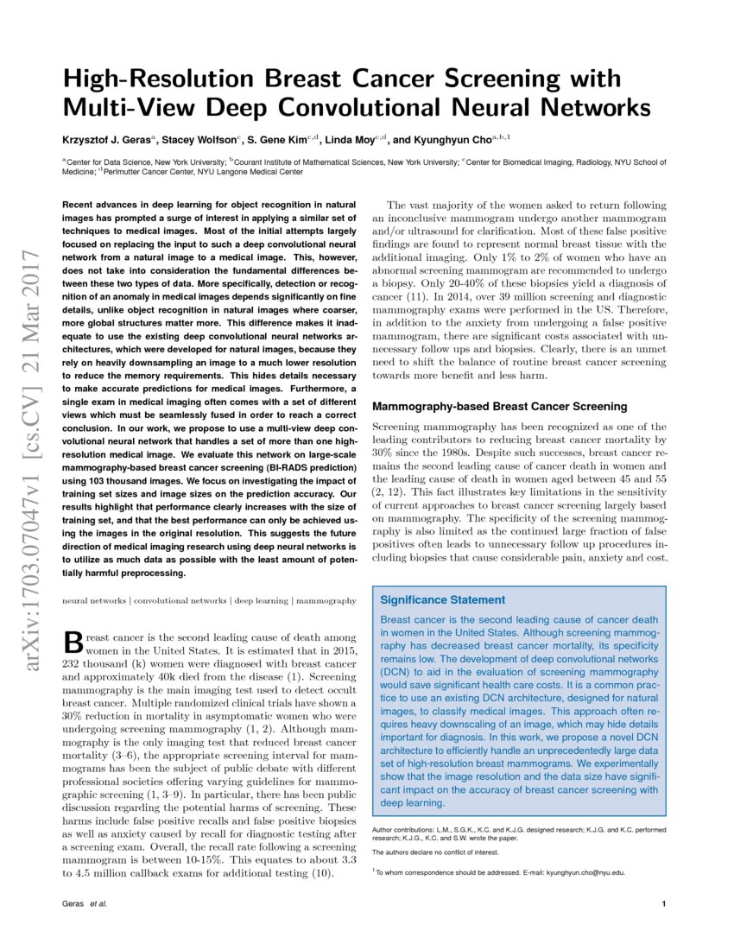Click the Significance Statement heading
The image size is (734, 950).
pyautogui.click(x=443, y=599)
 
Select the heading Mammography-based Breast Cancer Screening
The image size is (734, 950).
pyautogui.click(x=499, y=406)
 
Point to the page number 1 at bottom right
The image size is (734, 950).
pyautogui.click(x=662, y=904)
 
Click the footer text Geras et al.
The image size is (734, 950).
pyautogui.click(x=84, y=904)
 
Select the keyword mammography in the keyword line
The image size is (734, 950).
pyautogui.click(x=327, y=599)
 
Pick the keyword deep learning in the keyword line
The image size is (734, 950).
pyautogui.click(x=258, y=599)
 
